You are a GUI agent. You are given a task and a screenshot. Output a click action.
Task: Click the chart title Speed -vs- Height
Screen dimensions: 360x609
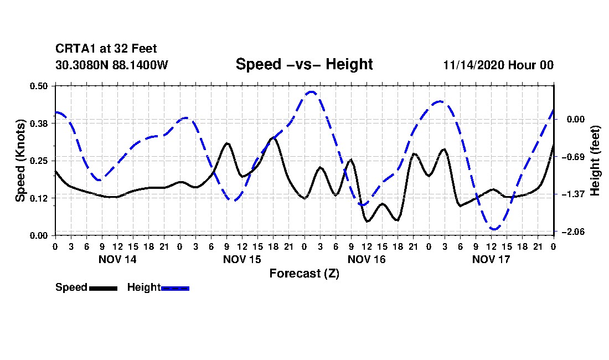point(304,64)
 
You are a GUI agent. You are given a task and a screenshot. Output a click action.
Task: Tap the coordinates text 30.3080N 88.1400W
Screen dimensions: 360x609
point(111,65)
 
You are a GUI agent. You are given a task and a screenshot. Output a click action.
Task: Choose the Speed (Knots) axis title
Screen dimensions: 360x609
point(20,161)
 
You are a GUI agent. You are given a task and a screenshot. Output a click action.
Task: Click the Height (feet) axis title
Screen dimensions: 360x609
point(596,161)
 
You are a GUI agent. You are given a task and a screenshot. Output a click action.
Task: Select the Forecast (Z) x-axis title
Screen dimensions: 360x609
point(304,273)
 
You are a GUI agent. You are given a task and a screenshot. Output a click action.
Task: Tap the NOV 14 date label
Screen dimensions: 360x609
point(117,259)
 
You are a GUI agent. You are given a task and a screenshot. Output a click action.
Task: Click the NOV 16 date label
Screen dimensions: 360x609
point(367,259)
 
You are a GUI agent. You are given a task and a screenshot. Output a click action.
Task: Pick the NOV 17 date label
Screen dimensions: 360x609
point(491,259)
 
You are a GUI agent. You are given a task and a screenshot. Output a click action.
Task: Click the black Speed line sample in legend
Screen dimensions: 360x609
point(103,288)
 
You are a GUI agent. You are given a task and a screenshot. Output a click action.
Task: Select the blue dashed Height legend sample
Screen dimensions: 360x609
point(175,288)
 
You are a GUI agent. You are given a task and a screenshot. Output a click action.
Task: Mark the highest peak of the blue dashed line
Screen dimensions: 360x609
point(312,92)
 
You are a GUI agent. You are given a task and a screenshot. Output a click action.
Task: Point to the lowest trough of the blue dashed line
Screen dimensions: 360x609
point(494,229)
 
